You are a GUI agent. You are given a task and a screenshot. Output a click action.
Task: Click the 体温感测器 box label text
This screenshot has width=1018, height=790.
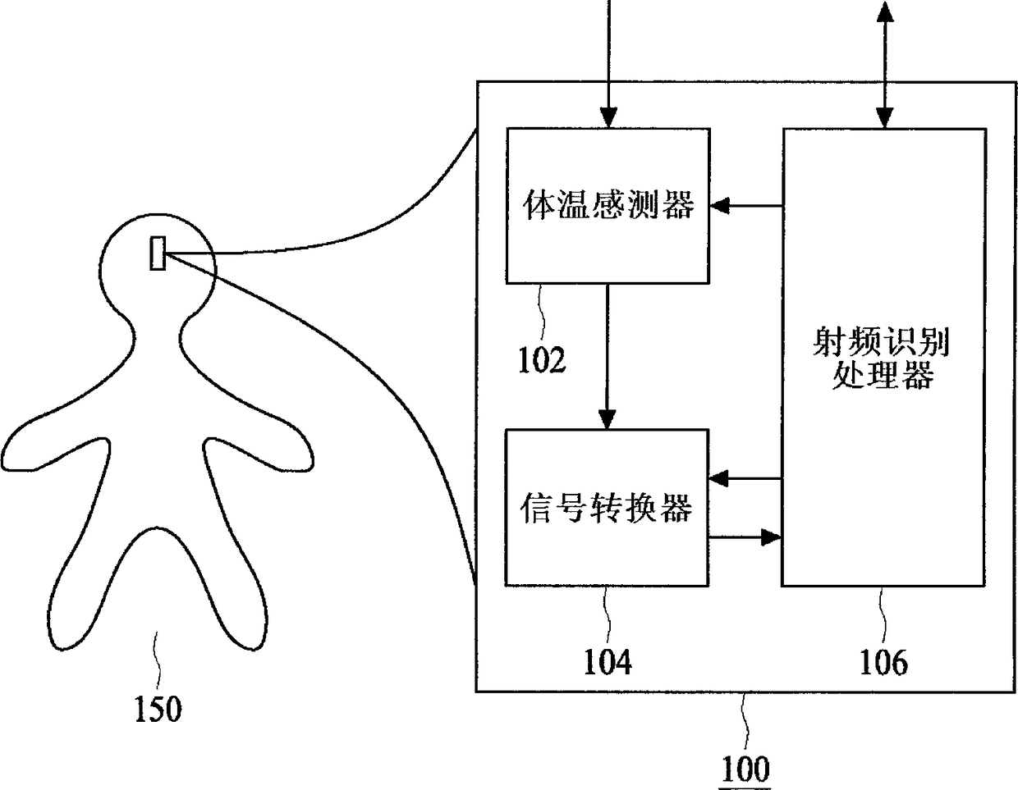(608, 205)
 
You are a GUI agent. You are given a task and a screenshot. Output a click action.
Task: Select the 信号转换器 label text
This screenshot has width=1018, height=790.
(607, 508)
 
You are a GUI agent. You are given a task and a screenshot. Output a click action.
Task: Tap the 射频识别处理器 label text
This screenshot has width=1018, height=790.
(883, 358)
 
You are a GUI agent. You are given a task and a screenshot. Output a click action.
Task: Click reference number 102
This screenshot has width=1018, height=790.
(541, 359)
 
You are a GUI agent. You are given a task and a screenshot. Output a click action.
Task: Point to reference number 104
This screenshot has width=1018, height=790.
(608, 661)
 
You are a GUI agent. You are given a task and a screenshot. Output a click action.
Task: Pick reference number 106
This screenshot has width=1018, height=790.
(883, 661)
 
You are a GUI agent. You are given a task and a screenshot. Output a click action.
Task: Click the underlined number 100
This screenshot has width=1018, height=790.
(745, 769)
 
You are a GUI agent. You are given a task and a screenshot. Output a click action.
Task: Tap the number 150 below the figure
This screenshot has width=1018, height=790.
(157, 708)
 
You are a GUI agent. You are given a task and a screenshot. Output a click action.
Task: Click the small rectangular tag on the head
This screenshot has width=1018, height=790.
(158, 253)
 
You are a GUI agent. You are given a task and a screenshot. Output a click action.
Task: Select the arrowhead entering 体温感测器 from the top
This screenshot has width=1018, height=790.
(608, 118)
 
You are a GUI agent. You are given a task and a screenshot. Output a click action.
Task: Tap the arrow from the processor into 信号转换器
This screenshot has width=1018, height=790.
(744, 477)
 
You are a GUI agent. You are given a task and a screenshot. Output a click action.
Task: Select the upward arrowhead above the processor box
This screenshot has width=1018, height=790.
(884, 11)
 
